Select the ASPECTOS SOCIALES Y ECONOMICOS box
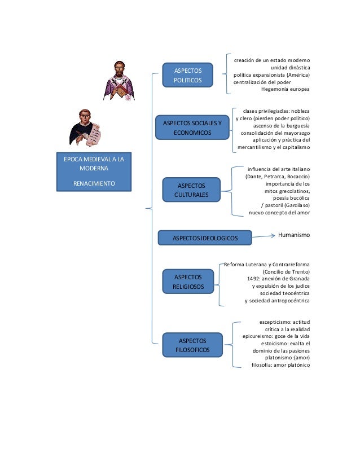pos(192,128)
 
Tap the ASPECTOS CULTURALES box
pos(192,190)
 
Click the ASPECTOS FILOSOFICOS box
pos(192,345)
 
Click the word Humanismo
pos(294,234)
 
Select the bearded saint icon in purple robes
pos(120,80)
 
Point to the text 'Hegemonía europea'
pos(286,89)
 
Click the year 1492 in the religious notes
pos(255,278)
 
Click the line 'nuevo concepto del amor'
pos(279,213)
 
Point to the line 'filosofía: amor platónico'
pos(280,364)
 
